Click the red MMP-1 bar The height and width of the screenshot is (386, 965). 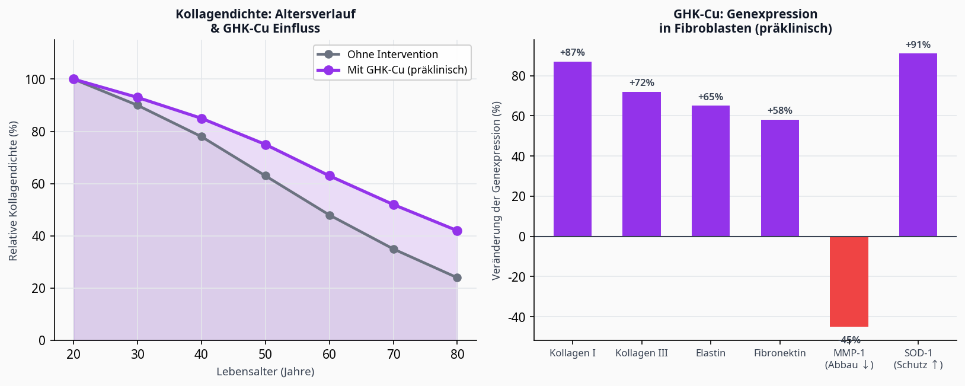pyautogui.click(x=849, y=281)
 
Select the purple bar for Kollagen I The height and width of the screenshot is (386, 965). pyautogui.click(x=572, y=149)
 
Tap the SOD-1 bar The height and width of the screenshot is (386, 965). pyautogui.click(x=918, y=145)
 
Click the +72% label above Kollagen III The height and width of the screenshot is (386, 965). pyautogui.click(x=641, y=83)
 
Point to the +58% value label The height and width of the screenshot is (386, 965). pyautogui.click(x=779, y=111)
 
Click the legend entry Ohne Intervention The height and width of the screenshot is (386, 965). pyautogui.click(x=392, y=55)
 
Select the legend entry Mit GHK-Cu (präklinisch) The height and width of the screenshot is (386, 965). pyautogui.click(x=407, y=70)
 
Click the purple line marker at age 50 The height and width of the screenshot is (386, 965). pyautogui.click(x=266, y=145)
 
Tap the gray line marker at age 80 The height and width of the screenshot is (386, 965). pyautogui.click(x=457, y=277)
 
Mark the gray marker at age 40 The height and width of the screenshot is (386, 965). pyautogui.click(x=202, y=136)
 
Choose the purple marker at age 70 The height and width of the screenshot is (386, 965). pyautogui.click(x=394, y=205)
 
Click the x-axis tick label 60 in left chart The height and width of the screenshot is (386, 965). pyautogui.click(x=329, y=355)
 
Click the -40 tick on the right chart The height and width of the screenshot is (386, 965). pyautogui.click(x=517, y=317)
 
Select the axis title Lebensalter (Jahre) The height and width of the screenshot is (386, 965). pyautogui.click(x=265, y=372)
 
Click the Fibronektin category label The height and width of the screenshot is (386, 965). pyautogui.click(x=779, y=353)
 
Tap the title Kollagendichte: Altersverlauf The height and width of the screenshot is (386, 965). pyautogui.click(x=265, y=14)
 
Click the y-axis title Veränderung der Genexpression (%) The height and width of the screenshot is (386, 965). pyautogui.click(x=497, y=190)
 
